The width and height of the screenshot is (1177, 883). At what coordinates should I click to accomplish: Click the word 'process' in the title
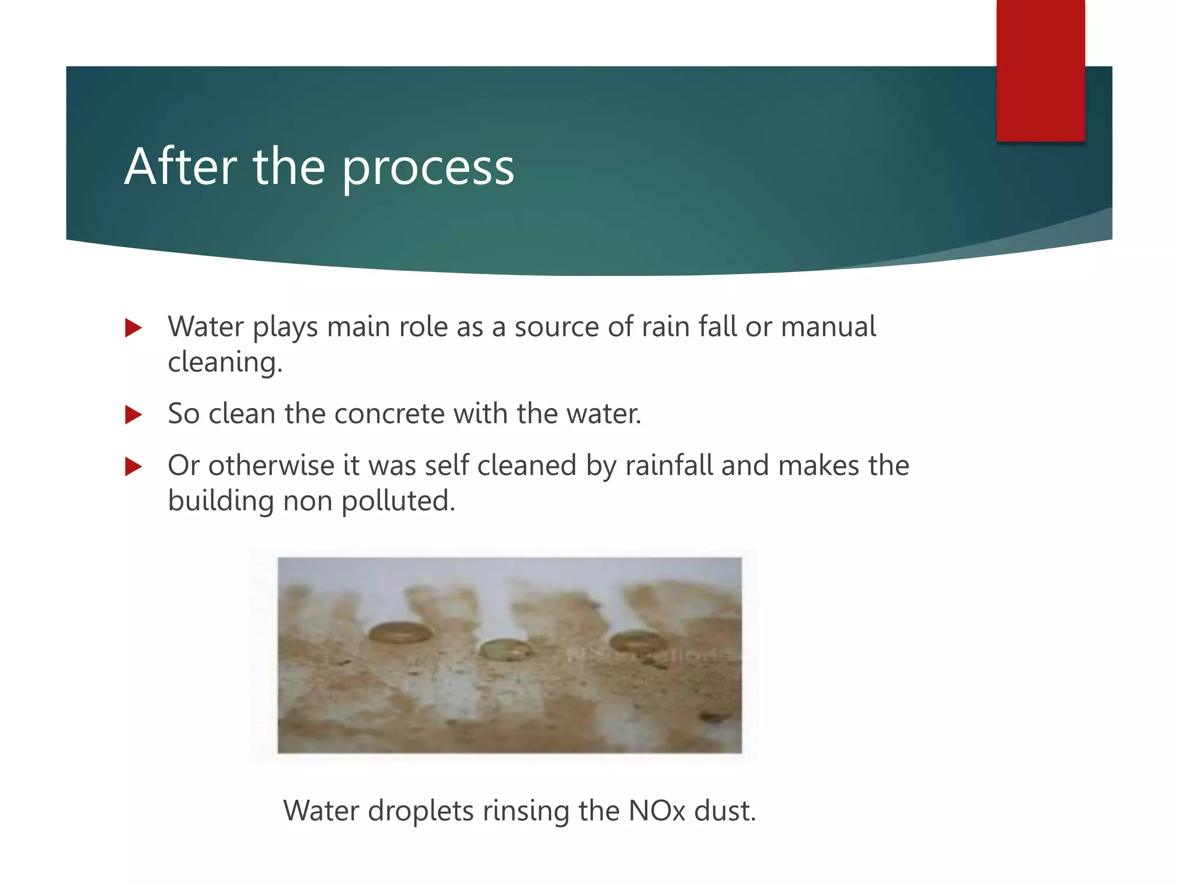point(428,168)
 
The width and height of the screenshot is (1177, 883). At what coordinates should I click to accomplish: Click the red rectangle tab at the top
point(1040,70)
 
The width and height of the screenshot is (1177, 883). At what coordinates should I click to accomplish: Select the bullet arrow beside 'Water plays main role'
point(133,328)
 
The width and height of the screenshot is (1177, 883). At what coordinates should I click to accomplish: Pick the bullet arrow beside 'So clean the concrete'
point(133,414)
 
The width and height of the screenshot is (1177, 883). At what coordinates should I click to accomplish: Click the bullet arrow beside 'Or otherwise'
point(133,466)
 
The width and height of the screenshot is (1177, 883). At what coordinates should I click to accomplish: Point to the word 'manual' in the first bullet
point(828,327)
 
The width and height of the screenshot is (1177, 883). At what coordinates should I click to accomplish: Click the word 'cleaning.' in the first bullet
point(225,362)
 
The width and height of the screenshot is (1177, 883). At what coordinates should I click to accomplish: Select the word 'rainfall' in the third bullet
point(669,465)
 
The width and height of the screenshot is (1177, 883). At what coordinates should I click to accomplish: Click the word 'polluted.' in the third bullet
point(398,501)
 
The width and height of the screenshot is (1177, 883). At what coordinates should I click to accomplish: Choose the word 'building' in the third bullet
point(220,501)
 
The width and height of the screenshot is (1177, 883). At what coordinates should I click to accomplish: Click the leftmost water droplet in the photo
point(399,633)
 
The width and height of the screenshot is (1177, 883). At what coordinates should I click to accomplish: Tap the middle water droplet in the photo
point(506,650)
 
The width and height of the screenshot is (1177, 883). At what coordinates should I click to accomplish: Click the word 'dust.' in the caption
point(725,811)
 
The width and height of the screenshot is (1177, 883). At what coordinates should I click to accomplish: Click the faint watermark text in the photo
point(649,655)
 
